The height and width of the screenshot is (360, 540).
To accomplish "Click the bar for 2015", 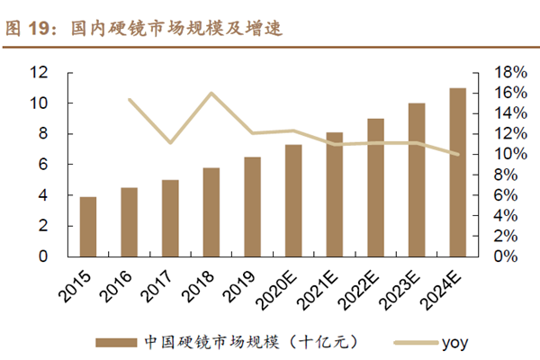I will coord(88,226).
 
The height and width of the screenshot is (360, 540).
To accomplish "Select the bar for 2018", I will coord(211,211).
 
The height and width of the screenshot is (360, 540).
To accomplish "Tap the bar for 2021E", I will coord(335,193).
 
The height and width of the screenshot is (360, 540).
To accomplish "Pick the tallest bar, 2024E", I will coord(457,172).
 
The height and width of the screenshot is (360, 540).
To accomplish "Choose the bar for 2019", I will coord(253,206).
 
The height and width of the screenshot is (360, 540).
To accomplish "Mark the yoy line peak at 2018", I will coord(211,93).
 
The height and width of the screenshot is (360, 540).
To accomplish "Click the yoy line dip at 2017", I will coord(170,142).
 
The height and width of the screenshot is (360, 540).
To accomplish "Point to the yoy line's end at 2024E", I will coord(457,154).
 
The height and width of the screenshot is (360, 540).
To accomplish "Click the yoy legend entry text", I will coord(454,341).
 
